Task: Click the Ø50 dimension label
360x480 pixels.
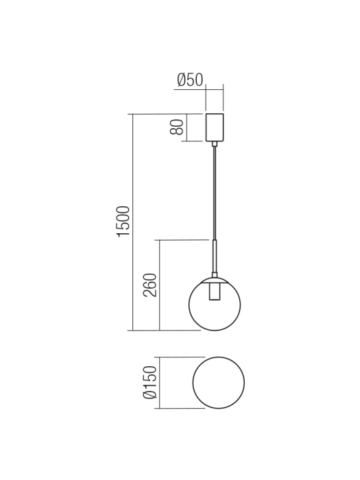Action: tap(190, 80)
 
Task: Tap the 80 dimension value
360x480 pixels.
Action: tap(177, 127)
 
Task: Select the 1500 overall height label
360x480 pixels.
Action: tap(123, 221)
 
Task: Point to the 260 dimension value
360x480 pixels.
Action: tap(151, 285)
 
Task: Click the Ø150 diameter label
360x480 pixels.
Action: tap(149, 383)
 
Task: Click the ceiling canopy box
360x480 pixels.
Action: tap(215, 127)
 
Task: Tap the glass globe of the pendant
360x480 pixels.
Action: tap(230, 309)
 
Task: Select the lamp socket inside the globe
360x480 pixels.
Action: tap(215, 292)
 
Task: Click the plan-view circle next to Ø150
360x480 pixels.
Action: tap(219, 383)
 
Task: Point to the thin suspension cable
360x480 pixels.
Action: tap(215, 192)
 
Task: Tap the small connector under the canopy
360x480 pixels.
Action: tap(215, 143)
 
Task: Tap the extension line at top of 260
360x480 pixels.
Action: tap(184, 240)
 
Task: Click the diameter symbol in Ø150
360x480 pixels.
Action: tap(149, 396)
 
